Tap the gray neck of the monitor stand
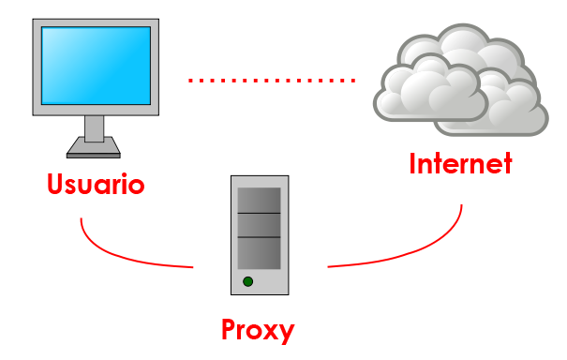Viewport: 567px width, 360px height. [x=95, y=127]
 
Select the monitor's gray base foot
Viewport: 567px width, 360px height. [x=94, y=148]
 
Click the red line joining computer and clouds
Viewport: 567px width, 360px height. [x=272, y=81]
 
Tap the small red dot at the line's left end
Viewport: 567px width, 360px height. [x=190, y=81]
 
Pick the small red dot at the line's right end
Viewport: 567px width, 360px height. [x=352, y=81]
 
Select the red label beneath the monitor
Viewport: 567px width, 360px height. [x=96, y=183]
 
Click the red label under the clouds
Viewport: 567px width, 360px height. [x=461, y=162]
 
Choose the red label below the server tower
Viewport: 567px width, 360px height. [x=259, y=331]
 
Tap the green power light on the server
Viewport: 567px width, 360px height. [x=247, y=281]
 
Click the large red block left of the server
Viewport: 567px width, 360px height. [x=159, y=243]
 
